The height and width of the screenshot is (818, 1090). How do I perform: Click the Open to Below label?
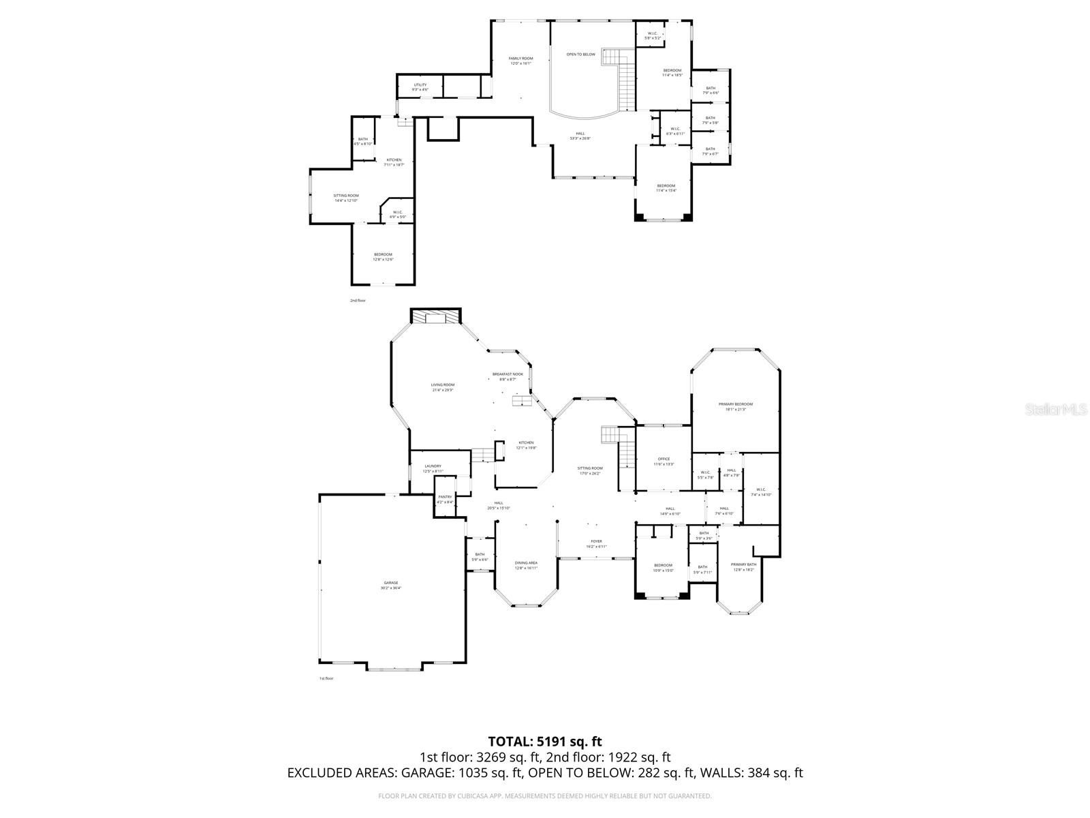[580, 55]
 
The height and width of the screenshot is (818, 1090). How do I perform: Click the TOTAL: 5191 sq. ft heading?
[545, 741]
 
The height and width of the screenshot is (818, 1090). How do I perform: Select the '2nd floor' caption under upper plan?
[358, 300]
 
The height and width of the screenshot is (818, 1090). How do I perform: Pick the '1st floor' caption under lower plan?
[326, 678]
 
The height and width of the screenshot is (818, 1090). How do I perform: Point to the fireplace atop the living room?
[436, 318]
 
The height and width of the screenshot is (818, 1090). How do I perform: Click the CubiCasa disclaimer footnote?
[545, 796]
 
